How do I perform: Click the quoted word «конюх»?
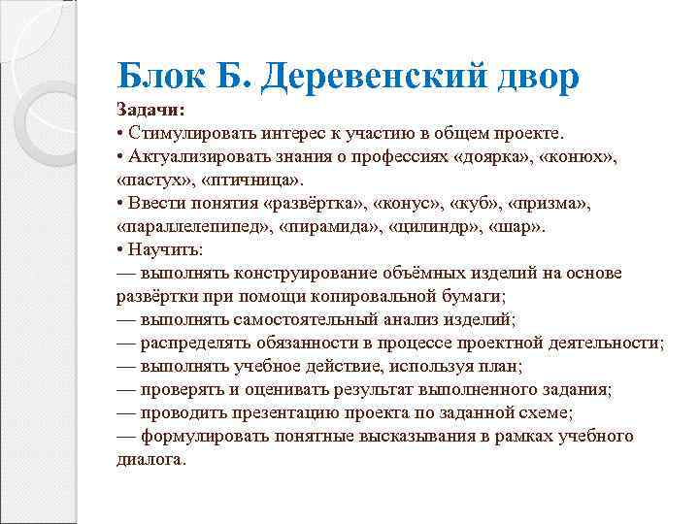click(581, 157)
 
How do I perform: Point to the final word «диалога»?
click(150, 459)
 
